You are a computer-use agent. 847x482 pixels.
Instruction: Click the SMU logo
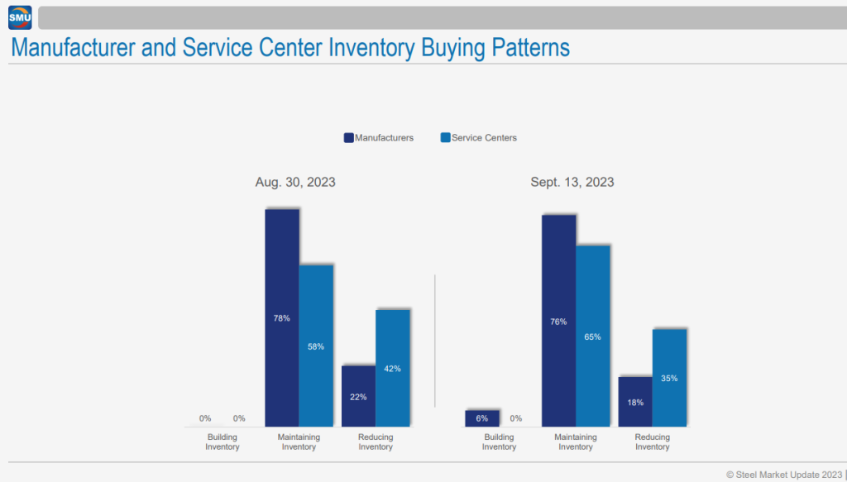coord(19,17)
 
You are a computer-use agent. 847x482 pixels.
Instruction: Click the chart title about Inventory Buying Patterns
coord(290,48)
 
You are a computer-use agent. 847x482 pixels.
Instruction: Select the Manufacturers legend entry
coord(379,138)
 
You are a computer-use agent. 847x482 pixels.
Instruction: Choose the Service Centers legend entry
coord(479,138)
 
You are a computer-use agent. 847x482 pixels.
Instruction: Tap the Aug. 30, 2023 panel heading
coord(295,183)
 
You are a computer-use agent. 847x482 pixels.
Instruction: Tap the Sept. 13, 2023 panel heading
coord(572,183)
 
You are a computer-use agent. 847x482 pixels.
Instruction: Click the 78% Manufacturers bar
coord(282,317)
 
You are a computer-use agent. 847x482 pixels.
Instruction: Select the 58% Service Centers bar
coord(316,346)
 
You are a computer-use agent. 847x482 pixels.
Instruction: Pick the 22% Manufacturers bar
coord(358,396)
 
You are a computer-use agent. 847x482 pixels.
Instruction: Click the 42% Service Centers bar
coord(393,368)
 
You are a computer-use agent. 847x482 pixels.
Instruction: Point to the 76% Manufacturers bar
coord(558,321)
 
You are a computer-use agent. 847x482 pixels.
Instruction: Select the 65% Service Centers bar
coord(592,336)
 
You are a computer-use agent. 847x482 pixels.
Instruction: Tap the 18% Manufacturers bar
coord(635,402)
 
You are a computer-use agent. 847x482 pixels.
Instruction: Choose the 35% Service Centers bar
coord(669,378)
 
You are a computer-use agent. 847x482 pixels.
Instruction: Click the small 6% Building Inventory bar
coord(482,418)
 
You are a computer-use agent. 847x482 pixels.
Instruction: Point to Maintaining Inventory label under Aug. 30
coord(299,442)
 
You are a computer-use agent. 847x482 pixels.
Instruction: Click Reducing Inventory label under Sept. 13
coord(652,442)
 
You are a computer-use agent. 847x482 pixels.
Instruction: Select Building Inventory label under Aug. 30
coord(223,442)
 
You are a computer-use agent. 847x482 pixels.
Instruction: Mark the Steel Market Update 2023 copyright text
coord(783,475)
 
